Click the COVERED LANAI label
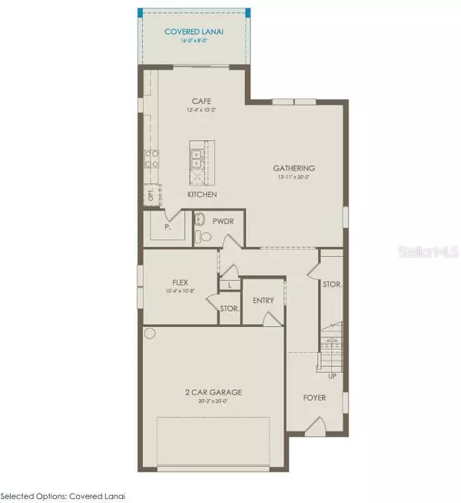coord(194,32)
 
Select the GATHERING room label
coord(294,168)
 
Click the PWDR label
coord(223,220)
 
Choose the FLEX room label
coord(181,282)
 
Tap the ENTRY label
coord(263,300)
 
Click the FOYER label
coord(314,398)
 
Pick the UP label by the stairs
coord(331,375)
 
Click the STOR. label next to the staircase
coord(332,284)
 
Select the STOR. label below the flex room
coord(229,308)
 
